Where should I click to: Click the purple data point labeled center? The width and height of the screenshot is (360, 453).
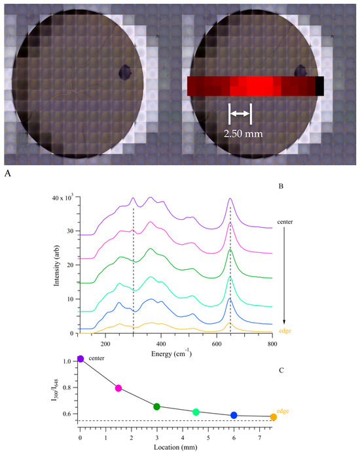pyautogui.click(x=81, y=359)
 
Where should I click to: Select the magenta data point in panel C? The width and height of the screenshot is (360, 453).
pyautogui.click(x=118, y=388)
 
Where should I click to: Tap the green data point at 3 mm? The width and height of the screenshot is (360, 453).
pyautogui.click(x=156, y=407)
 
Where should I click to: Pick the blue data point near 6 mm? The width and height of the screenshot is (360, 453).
pyautogui.click(x=234, y=415)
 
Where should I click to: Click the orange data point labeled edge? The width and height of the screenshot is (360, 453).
pyautogui.click(x=273, y=417)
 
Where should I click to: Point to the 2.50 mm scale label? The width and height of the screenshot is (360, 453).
pyautogui.click(x=240, y=131)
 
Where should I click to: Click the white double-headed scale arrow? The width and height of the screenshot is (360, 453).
pyautogui.click(x=240, y=114)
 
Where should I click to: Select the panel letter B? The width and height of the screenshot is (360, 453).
pyautogui.click(x=280, y=187)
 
